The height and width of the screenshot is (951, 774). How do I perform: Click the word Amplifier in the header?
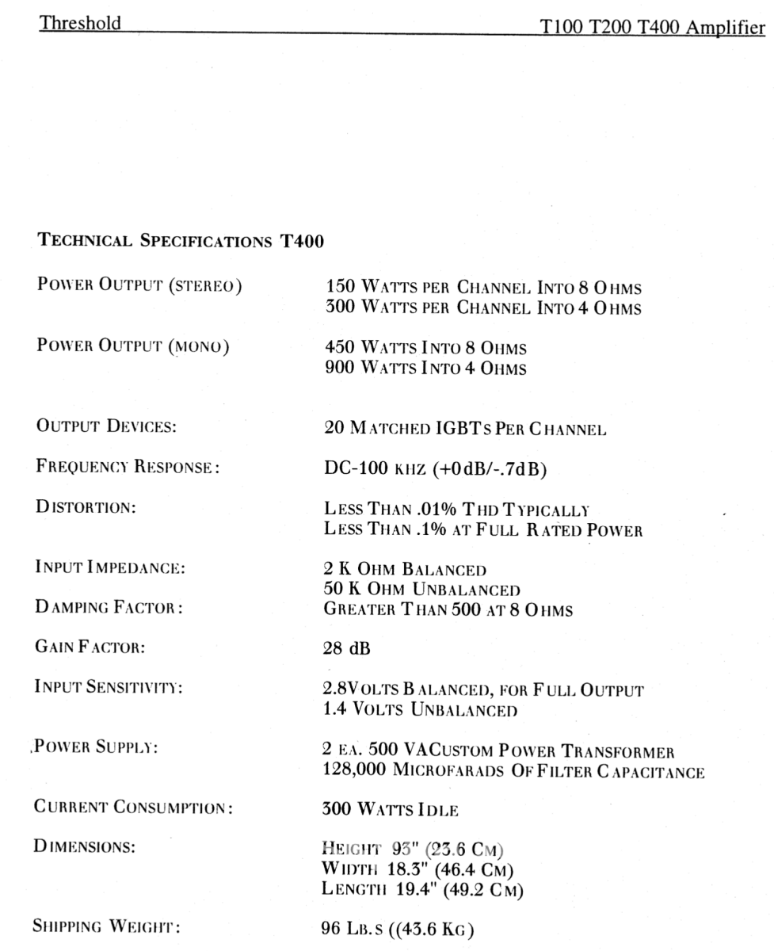pyautogui.click(x=731, y=29)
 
